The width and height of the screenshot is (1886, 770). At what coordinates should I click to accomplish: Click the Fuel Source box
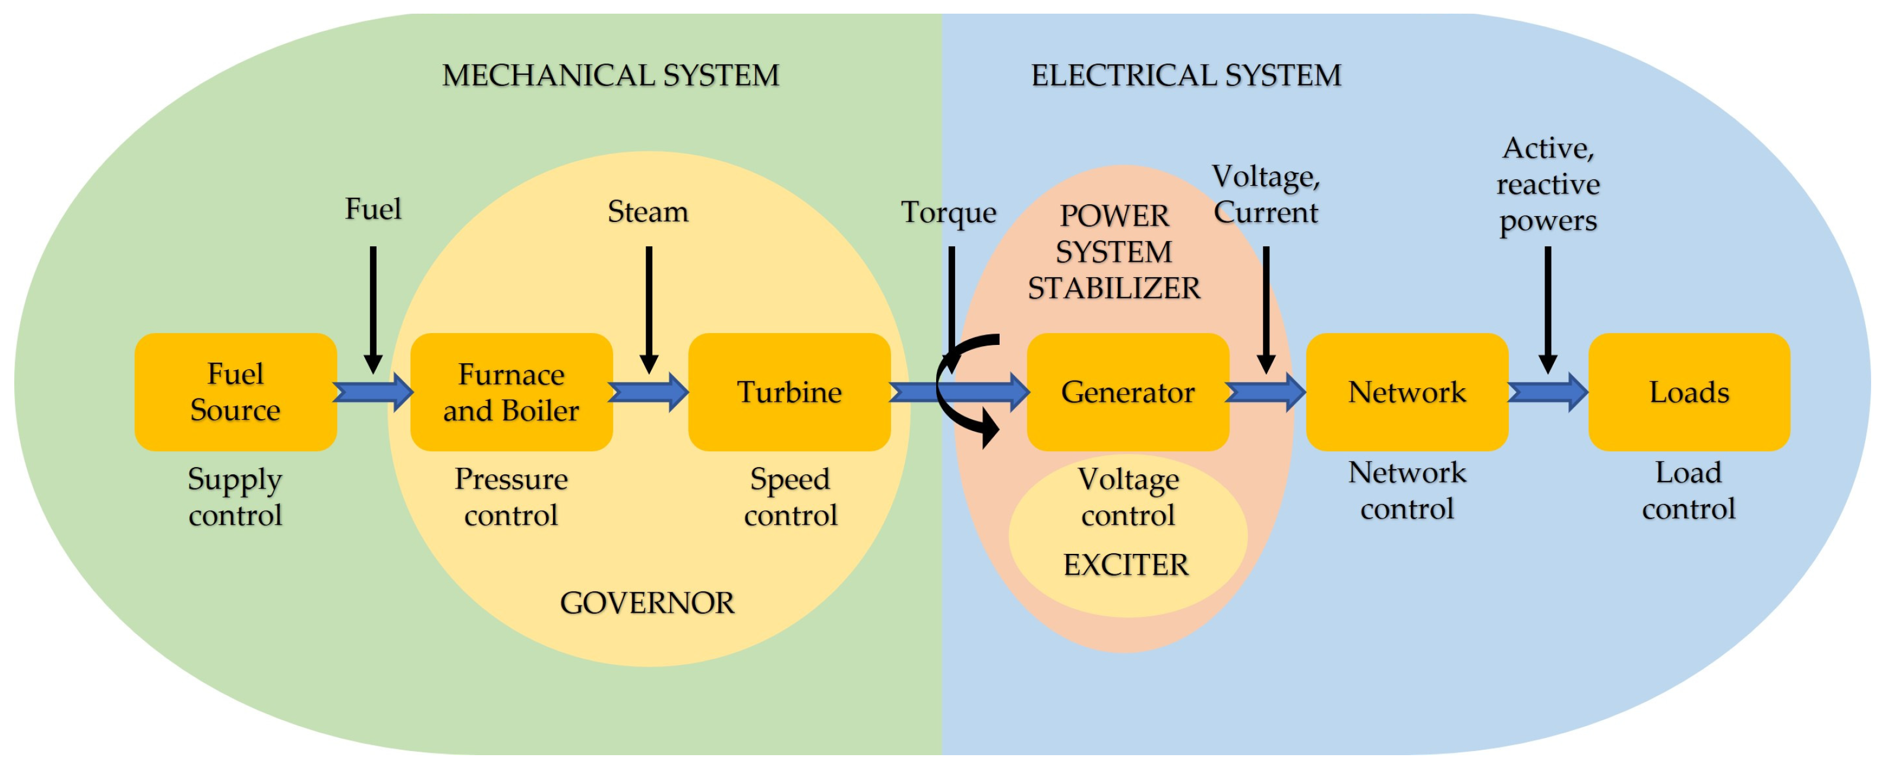point(235,392)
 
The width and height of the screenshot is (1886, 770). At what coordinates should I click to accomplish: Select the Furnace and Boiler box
point(511,392)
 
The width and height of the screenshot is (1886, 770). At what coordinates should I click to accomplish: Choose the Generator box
point(1127,392)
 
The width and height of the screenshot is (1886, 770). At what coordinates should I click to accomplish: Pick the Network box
point(1407,392)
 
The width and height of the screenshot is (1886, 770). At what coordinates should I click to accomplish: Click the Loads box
point(1688,392)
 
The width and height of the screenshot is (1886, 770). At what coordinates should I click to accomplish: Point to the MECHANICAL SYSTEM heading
point(611,75)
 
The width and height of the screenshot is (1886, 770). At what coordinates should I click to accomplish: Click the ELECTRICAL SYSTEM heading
point(1186,75)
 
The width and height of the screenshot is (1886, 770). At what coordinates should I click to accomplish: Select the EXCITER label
point(1126,565)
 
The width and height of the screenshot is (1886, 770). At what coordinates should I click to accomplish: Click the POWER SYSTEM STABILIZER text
point(1114,252)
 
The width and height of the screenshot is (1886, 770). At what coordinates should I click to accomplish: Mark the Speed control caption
point(790,497)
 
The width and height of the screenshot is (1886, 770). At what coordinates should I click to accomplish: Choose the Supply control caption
point(235,497)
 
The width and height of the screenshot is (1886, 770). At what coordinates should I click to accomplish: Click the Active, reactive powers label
point(1548,185)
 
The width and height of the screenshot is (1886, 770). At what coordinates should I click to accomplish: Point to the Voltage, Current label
point(1266,195)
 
